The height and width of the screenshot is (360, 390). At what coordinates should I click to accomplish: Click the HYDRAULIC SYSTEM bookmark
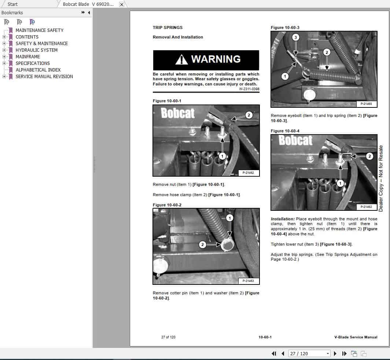pyautogui.click(x=36, y=50)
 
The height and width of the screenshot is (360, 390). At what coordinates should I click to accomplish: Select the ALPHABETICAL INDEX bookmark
pyautogui.click(x=38, y=70)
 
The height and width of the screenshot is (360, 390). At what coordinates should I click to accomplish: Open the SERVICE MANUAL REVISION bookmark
pyautogui.click(x=44, y=77)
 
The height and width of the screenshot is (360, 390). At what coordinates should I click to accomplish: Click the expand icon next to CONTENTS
pyautogui.click(x=4, y=37)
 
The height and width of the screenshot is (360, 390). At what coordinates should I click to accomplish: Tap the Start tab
pyautogui.click(x=12, y=4)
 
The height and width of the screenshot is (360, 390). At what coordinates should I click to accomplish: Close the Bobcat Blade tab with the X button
pyautogui.click(x=122, y=4)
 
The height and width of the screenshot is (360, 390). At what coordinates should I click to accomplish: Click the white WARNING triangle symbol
pyautogui.click(x=181, y=60)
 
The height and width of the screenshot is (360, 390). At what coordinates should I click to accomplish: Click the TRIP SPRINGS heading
pyautogui.click(x=168, y=27)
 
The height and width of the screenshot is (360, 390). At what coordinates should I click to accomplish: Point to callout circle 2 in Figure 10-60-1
pyautogui.click(x=249, y=115)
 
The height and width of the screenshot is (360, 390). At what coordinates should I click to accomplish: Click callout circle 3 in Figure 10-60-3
pyautogui.click(x=296, y=37)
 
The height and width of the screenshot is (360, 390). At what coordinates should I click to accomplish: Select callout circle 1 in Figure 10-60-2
pyautogui.click(x=229, y=218)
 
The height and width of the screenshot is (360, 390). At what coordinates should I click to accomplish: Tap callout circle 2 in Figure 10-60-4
pyautogui.click(x=369, y=156)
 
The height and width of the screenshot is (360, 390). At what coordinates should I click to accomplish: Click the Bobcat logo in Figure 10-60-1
pyautogui.click(x=178, y=113)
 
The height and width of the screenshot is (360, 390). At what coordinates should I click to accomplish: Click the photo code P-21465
pyautogui.click(x=366, y=104)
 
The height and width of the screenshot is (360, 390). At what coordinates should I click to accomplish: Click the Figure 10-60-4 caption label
pyautogui.click(x=285, y=131)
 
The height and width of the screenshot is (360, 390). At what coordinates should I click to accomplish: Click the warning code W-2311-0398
pyautogui.click(x=249, y=89)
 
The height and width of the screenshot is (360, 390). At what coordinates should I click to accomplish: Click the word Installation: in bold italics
pyautogui.click(x=283, y=219)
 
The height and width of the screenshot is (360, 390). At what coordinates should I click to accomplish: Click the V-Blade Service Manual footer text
pyautogui.click(x=356, y=337)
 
